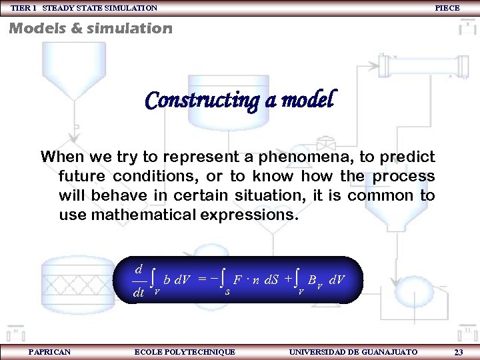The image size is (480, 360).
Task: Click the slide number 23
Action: pos(459,352)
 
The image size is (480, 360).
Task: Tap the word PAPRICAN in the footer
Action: pos(50,351)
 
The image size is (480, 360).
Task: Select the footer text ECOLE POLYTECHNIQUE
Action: pos(185,351)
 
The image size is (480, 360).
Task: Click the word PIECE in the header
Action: pos(447,8)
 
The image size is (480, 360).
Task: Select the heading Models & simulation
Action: pos(90,28)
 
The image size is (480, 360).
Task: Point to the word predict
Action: pos(407,158)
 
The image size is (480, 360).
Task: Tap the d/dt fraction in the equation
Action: pos(139,281)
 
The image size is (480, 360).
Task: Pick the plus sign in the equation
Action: pos(288,278)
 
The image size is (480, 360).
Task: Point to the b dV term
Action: pos(177,280)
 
